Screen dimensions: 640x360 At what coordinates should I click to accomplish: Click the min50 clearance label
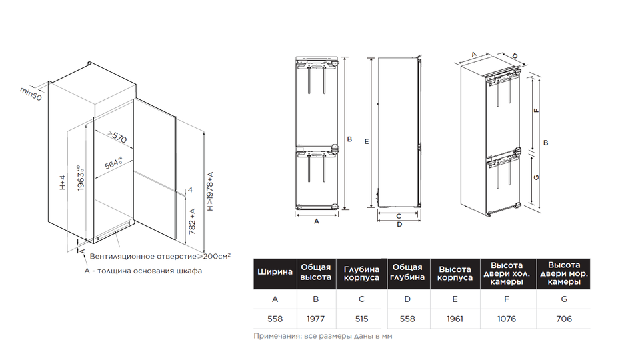[31, 94]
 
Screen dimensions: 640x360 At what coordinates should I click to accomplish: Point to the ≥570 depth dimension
[117, 137]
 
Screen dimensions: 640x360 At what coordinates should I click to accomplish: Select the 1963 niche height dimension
[81, 177]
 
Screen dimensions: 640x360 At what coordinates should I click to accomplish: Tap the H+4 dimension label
[62, 183]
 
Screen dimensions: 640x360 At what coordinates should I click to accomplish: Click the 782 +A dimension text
[192, 221]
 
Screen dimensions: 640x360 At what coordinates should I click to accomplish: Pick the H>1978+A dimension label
[210, 191]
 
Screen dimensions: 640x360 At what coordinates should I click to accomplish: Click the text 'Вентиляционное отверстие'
[143, 256]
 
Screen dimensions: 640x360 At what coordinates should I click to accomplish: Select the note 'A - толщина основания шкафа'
[143, 271]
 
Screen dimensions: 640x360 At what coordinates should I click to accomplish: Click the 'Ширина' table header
[275, 272]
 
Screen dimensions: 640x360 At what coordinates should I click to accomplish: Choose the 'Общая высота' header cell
[315, 272]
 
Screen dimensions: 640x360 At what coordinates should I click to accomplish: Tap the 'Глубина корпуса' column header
[361, 273]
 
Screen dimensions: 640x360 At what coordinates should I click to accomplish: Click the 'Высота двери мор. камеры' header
[564, 273]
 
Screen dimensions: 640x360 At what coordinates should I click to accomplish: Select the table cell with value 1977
[315, 319]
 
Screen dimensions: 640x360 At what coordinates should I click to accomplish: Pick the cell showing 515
[361, 319]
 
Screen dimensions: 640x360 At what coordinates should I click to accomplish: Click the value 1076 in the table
[507, 319]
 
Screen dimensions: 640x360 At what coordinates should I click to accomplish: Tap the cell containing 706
[564, 319]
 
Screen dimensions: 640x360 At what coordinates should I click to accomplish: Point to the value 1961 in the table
[455, 319]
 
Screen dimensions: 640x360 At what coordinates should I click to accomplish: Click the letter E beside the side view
[367, 141]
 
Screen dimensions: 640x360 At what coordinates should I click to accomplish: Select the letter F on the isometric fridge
[537, 110]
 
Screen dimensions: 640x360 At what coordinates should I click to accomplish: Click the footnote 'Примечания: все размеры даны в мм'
[323, 336]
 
